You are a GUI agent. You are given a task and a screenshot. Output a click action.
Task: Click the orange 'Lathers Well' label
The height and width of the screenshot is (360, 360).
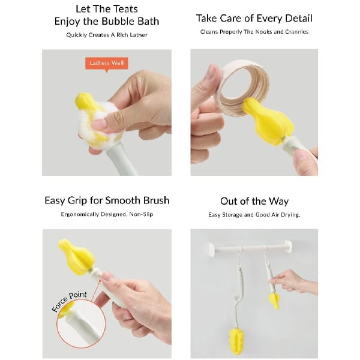pos(107,64)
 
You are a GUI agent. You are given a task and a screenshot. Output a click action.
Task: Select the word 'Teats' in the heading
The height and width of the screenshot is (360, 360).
pos(126,9)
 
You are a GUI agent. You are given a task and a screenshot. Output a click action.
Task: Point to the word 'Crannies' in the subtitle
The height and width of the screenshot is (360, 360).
pos(297,32)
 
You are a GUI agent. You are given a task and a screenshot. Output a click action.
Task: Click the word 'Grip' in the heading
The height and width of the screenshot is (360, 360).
pos(77,201)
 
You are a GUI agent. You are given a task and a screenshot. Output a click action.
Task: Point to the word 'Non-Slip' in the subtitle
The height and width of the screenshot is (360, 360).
pos(141,214)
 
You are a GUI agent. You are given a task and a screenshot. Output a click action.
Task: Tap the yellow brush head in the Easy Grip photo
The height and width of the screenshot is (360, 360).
pos(76,256)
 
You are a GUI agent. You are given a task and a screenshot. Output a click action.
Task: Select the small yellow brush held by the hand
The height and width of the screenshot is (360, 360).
pos(275,301)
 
